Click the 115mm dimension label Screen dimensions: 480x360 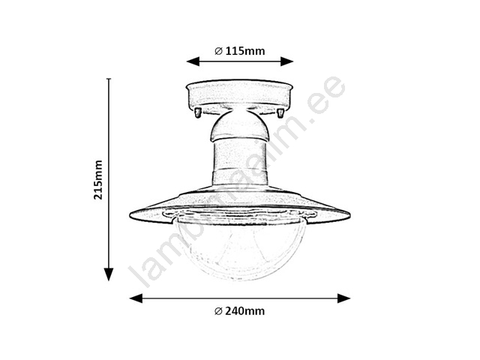point(245,51)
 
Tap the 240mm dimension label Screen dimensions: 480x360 point(245,311)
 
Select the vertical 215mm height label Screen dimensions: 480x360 point(98,180)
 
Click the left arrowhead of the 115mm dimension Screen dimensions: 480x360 point(193,61)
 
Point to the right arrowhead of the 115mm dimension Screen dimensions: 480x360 point(287,61)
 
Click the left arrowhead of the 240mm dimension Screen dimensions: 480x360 point(136,298)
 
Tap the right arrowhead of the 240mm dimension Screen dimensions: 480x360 point(343,298)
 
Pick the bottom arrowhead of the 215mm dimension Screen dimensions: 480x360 point(109,274)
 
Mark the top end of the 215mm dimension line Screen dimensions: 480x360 point(109,79)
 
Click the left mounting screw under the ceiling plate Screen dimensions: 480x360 point(198,112)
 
